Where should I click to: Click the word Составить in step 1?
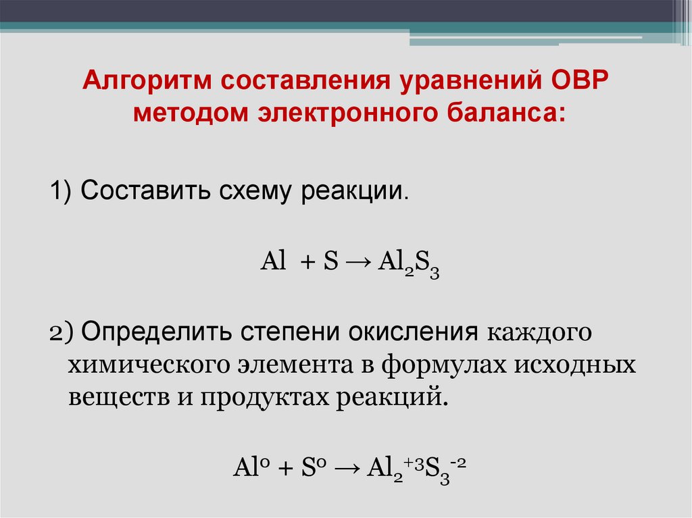tap(144, 191)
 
